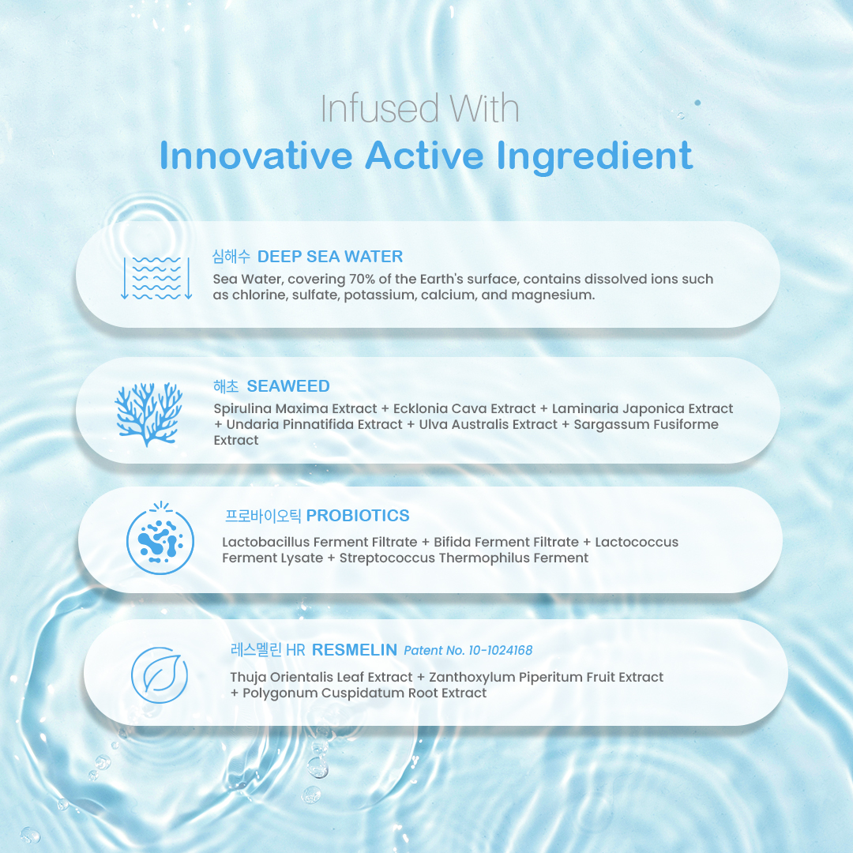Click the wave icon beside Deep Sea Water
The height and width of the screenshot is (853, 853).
click(156, 278)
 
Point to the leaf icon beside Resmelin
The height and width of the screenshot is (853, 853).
click(160, 675)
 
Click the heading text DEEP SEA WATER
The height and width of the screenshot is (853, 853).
click(329, 256)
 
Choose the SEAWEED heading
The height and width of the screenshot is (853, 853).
click(288, 385)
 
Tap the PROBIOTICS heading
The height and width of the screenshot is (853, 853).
click(358, 515)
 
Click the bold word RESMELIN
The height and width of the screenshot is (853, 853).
click(354, 649)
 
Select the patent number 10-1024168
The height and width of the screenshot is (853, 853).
click(501, 650)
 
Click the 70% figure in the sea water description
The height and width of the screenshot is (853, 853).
click(362, 279)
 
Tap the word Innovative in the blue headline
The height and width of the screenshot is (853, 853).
click(256, 156)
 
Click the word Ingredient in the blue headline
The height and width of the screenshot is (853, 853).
click(595, 156)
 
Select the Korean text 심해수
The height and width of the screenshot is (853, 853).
click(231, 256)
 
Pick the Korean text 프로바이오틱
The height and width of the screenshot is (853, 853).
click(263, 515)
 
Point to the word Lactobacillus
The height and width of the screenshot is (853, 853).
click(265, 542)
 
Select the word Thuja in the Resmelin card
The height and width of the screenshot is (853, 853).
click(248, 678)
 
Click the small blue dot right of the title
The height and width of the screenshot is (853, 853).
click(697, 103)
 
